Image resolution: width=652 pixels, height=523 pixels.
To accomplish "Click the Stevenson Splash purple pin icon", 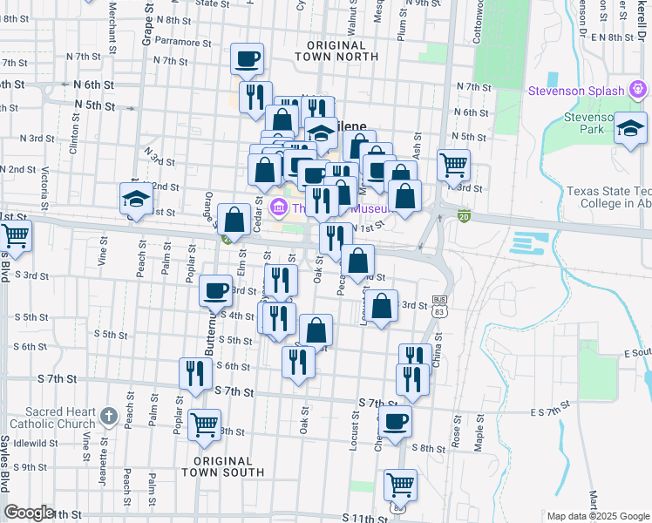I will coord(638,90).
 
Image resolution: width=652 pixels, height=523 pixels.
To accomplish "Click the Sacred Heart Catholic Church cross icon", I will coord(108,417).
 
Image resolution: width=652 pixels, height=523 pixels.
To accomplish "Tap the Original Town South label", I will coord(223,466).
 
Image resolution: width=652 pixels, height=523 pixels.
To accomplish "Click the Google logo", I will coord(29,512).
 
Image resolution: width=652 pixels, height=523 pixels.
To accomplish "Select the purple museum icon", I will coord(279,207).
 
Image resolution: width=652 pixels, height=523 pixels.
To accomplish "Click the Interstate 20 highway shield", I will coord(465,216).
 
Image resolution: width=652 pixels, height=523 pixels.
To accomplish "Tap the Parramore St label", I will coord(182,42).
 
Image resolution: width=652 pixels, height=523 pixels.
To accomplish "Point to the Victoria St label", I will coord(44,183).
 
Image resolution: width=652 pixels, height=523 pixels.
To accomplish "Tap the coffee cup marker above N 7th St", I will coord(248,58).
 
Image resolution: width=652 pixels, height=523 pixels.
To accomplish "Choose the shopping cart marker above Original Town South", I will coord(204,425).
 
